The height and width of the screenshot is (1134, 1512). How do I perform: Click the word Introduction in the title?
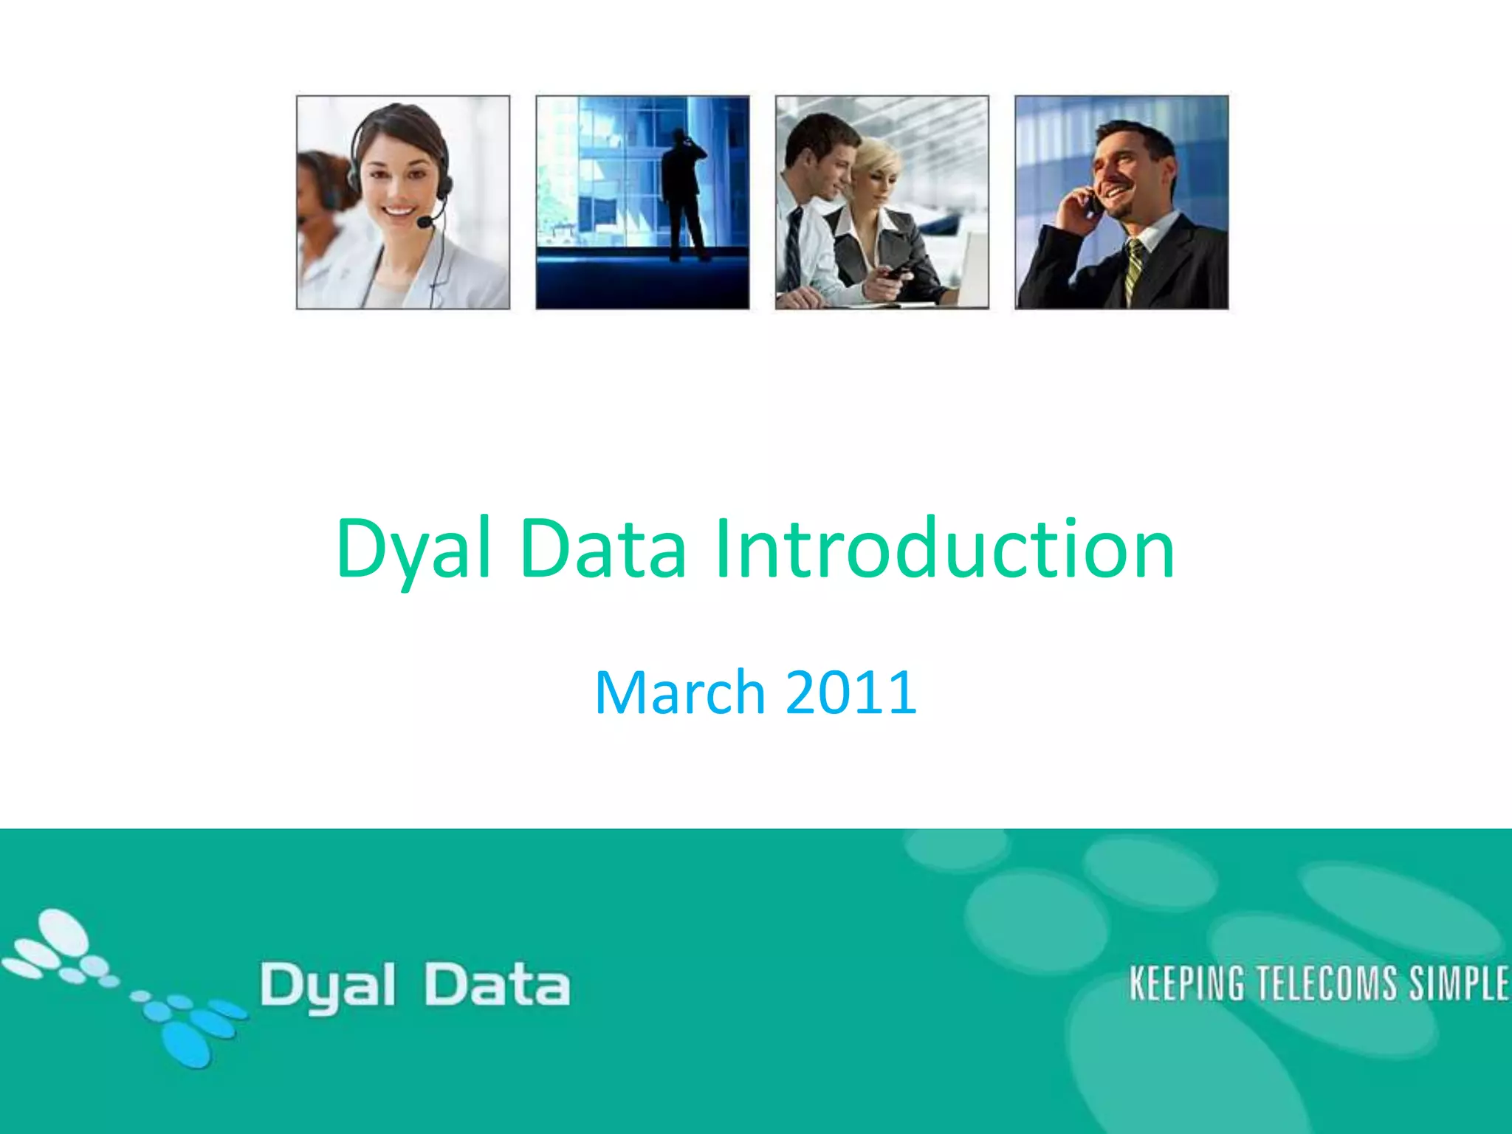944,549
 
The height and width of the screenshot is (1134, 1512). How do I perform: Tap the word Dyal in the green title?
413,549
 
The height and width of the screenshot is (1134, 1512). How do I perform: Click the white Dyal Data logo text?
415,986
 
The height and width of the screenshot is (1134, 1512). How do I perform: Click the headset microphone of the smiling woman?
426,221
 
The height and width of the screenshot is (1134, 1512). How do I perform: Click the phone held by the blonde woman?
896,272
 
